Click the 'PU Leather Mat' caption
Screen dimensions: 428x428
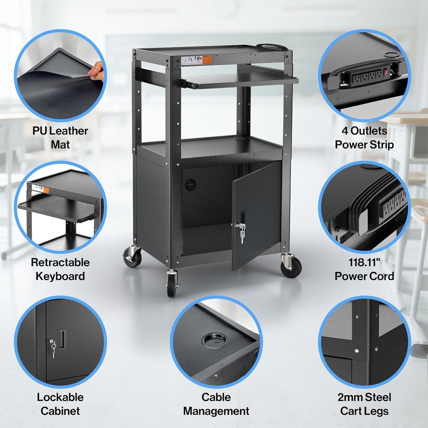[x=60, y=138]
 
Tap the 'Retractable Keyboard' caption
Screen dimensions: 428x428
[x=60, y=269]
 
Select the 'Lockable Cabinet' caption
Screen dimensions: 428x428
[x=60, y=404]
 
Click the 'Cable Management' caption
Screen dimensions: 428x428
[x=216, y=404]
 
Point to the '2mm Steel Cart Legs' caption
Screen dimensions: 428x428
[x=364, y=404]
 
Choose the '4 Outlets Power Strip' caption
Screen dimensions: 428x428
[x=364, y=138]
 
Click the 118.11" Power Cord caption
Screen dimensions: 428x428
[x=364, y=269]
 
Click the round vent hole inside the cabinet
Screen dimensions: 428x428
[x=190, y=184]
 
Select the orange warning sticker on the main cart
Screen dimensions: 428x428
[x=207, y=60]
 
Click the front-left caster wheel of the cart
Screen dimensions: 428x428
[x=172, y=285]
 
